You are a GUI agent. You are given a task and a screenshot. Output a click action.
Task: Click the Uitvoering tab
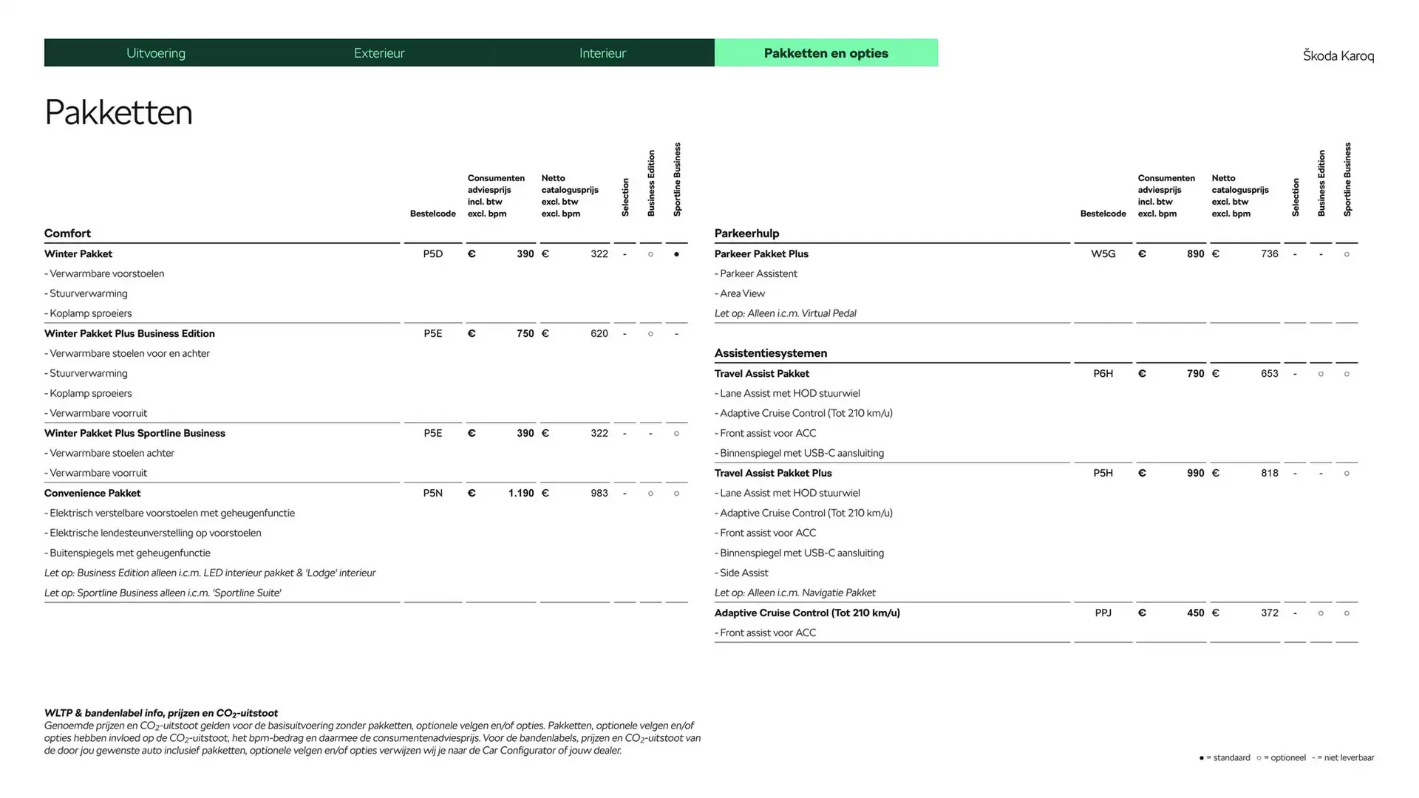tap(156, 53)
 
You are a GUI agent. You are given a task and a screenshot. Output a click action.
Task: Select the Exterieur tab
tap(379, 53)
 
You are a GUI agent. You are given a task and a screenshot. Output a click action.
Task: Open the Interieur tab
tap(602, 53)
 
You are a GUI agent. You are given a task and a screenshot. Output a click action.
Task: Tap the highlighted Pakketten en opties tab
tap(826, 53)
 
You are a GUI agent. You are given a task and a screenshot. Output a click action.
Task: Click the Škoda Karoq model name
tap(1338, 56)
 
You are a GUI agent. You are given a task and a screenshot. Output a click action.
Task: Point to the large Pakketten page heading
tap(118, 113)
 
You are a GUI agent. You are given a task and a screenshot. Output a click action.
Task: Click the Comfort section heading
tap(67, 233)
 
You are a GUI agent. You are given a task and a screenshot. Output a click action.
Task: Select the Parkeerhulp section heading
tap(746, 233)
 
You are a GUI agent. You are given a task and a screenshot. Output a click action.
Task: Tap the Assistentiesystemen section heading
tap(770, 353)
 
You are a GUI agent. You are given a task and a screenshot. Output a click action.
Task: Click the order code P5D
tap(432, 254)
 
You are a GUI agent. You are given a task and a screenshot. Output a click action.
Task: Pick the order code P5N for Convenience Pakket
tap(432, 494)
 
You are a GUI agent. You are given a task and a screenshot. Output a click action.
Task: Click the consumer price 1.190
tap(520, 494)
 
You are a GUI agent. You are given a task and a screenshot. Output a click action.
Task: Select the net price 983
tap(599, 494)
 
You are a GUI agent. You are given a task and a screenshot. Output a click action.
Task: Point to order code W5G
tap(1103, 254)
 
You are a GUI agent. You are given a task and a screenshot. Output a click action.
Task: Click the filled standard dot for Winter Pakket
tap(676, 254)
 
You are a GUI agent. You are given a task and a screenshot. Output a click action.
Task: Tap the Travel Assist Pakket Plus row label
tap(772, 474)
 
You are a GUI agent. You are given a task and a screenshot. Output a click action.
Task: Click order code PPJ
tap(1103, 613)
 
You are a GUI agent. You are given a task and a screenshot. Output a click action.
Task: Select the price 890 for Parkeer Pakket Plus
tap(1195, 254)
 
